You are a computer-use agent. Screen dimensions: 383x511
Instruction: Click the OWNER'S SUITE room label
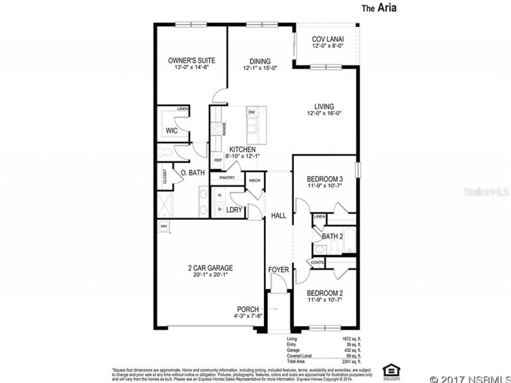pos(192,60)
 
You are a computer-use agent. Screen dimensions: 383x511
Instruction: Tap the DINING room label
pos(260,61)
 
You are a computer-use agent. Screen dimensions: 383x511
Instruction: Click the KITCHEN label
pos(243,150)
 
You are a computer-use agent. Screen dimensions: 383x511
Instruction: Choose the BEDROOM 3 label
pos(324,179)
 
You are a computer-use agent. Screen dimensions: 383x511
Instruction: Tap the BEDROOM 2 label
pos(324,293)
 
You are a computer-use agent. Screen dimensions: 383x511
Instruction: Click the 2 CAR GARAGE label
pos(211,268)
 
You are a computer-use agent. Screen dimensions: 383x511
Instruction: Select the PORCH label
pos(248,309)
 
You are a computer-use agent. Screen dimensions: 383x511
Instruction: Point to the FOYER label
pos(278,270)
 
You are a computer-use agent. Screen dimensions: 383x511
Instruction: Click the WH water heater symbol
pos(163,226)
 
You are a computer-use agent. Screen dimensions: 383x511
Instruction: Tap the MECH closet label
pos(255,181)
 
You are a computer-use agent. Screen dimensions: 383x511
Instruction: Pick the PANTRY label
pos(227,177)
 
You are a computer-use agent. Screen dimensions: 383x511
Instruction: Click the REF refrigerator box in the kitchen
pos(218,160)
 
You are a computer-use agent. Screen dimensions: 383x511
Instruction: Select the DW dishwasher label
pos(252,112)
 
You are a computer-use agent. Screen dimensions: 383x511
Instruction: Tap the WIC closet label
pos(172,131)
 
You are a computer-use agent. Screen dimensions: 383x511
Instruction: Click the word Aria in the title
pos(387,8)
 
